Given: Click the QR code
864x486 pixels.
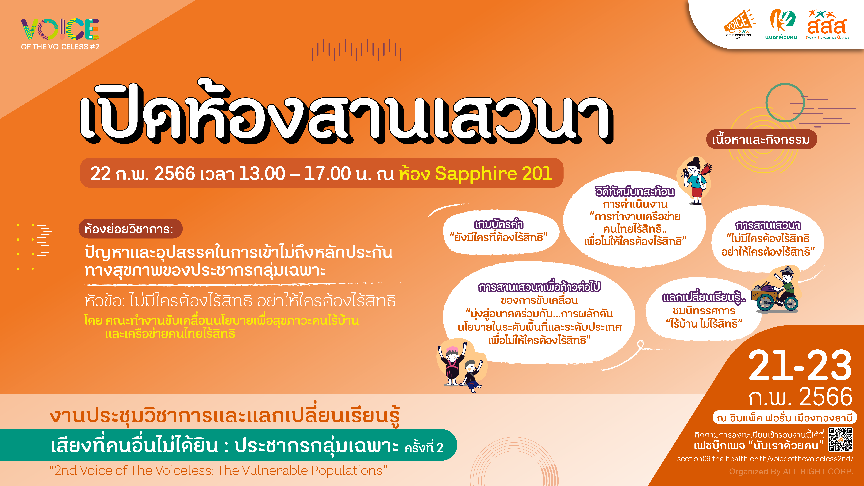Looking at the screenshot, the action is click(841, 440).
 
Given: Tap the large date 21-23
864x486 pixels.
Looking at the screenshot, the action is click(800, 366).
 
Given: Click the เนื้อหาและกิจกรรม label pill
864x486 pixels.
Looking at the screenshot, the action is click(761, 139).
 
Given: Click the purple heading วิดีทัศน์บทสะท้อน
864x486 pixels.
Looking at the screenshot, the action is click(635, 191).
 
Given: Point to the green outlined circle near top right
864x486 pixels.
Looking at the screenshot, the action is click(785, 103).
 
